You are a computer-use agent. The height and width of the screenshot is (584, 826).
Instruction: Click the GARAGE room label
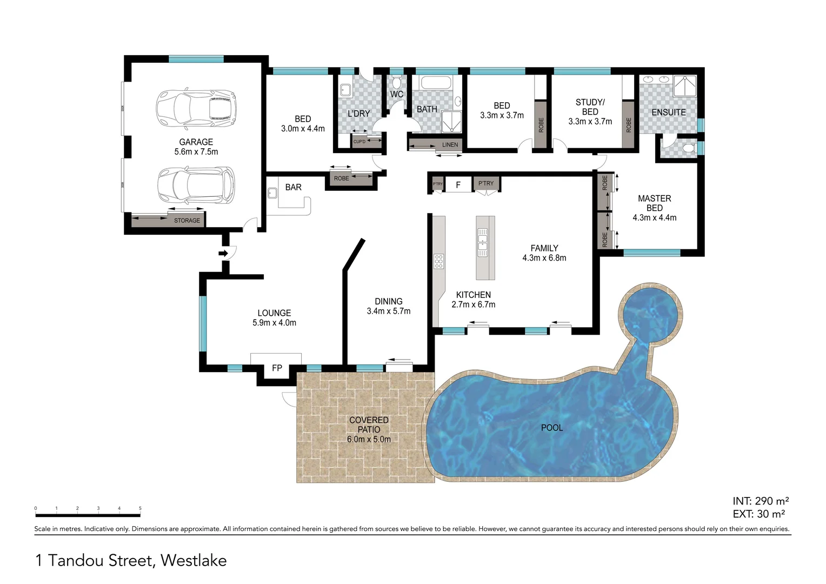tap(196, 142)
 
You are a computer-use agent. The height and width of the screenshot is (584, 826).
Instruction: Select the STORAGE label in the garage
tap(187, 221)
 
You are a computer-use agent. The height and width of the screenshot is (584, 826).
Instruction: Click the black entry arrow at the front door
tap(223, 254)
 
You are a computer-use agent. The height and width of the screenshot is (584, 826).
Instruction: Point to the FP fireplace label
tap(277, 368)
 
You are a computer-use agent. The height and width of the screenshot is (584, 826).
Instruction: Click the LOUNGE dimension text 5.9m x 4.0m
tap(274, 323)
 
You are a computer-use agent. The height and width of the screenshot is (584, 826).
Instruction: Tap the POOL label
tap(551, 428)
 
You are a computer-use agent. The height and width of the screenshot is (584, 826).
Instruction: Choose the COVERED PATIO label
tap(369, 425)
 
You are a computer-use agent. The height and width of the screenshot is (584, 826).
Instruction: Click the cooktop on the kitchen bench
tap(438, 261)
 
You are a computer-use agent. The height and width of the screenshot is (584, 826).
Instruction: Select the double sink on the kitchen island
tap(482, 242)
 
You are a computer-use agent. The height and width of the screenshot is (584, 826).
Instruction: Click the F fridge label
tap(458, 185)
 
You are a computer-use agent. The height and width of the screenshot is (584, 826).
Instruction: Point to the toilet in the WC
tap(396, 81)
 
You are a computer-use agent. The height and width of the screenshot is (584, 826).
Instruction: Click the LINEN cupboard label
tap(450, 144)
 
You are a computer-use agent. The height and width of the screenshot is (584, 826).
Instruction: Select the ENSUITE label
tap(669, 112)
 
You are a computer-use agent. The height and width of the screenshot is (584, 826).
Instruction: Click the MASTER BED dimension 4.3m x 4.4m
tap(655, 218)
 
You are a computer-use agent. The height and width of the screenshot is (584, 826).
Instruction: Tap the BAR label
tap(293, 188)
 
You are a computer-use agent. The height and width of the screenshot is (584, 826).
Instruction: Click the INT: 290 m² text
tap(761, 501)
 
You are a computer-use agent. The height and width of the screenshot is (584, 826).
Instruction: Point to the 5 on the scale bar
tap(140, 508)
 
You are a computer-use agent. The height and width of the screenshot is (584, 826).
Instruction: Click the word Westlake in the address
tap(194, 560)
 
